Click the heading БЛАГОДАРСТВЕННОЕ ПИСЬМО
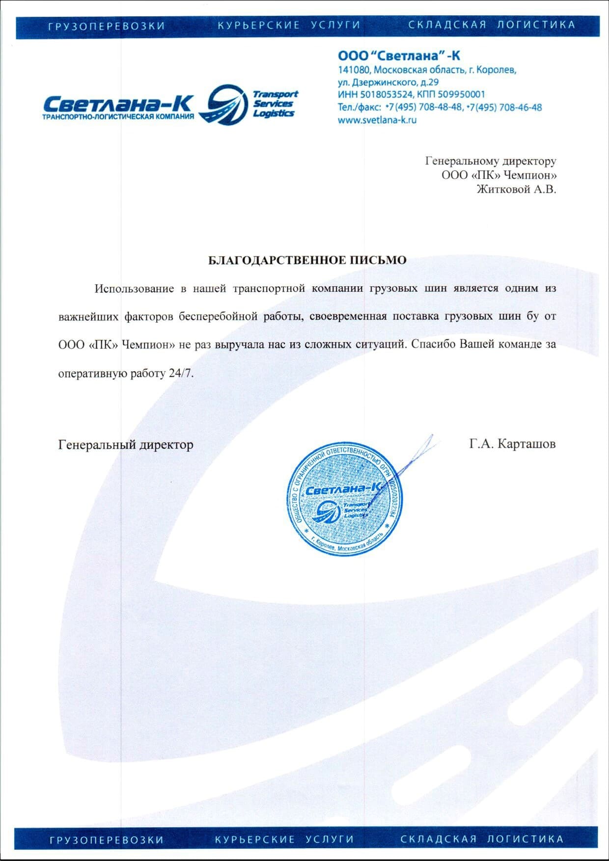307,260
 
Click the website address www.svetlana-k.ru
377,120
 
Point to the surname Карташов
526,444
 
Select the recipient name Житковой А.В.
516,189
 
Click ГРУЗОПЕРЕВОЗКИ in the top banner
107,26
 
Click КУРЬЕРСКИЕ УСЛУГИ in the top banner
289,25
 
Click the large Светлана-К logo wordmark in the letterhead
118,104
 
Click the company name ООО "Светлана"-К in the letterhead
399,55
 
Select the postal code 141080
354,70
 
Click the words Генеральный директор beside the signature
126,445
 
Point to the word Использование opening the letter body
134,288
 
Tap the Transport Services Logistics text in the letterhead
275,104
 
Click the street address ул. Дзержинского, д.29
388,82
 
